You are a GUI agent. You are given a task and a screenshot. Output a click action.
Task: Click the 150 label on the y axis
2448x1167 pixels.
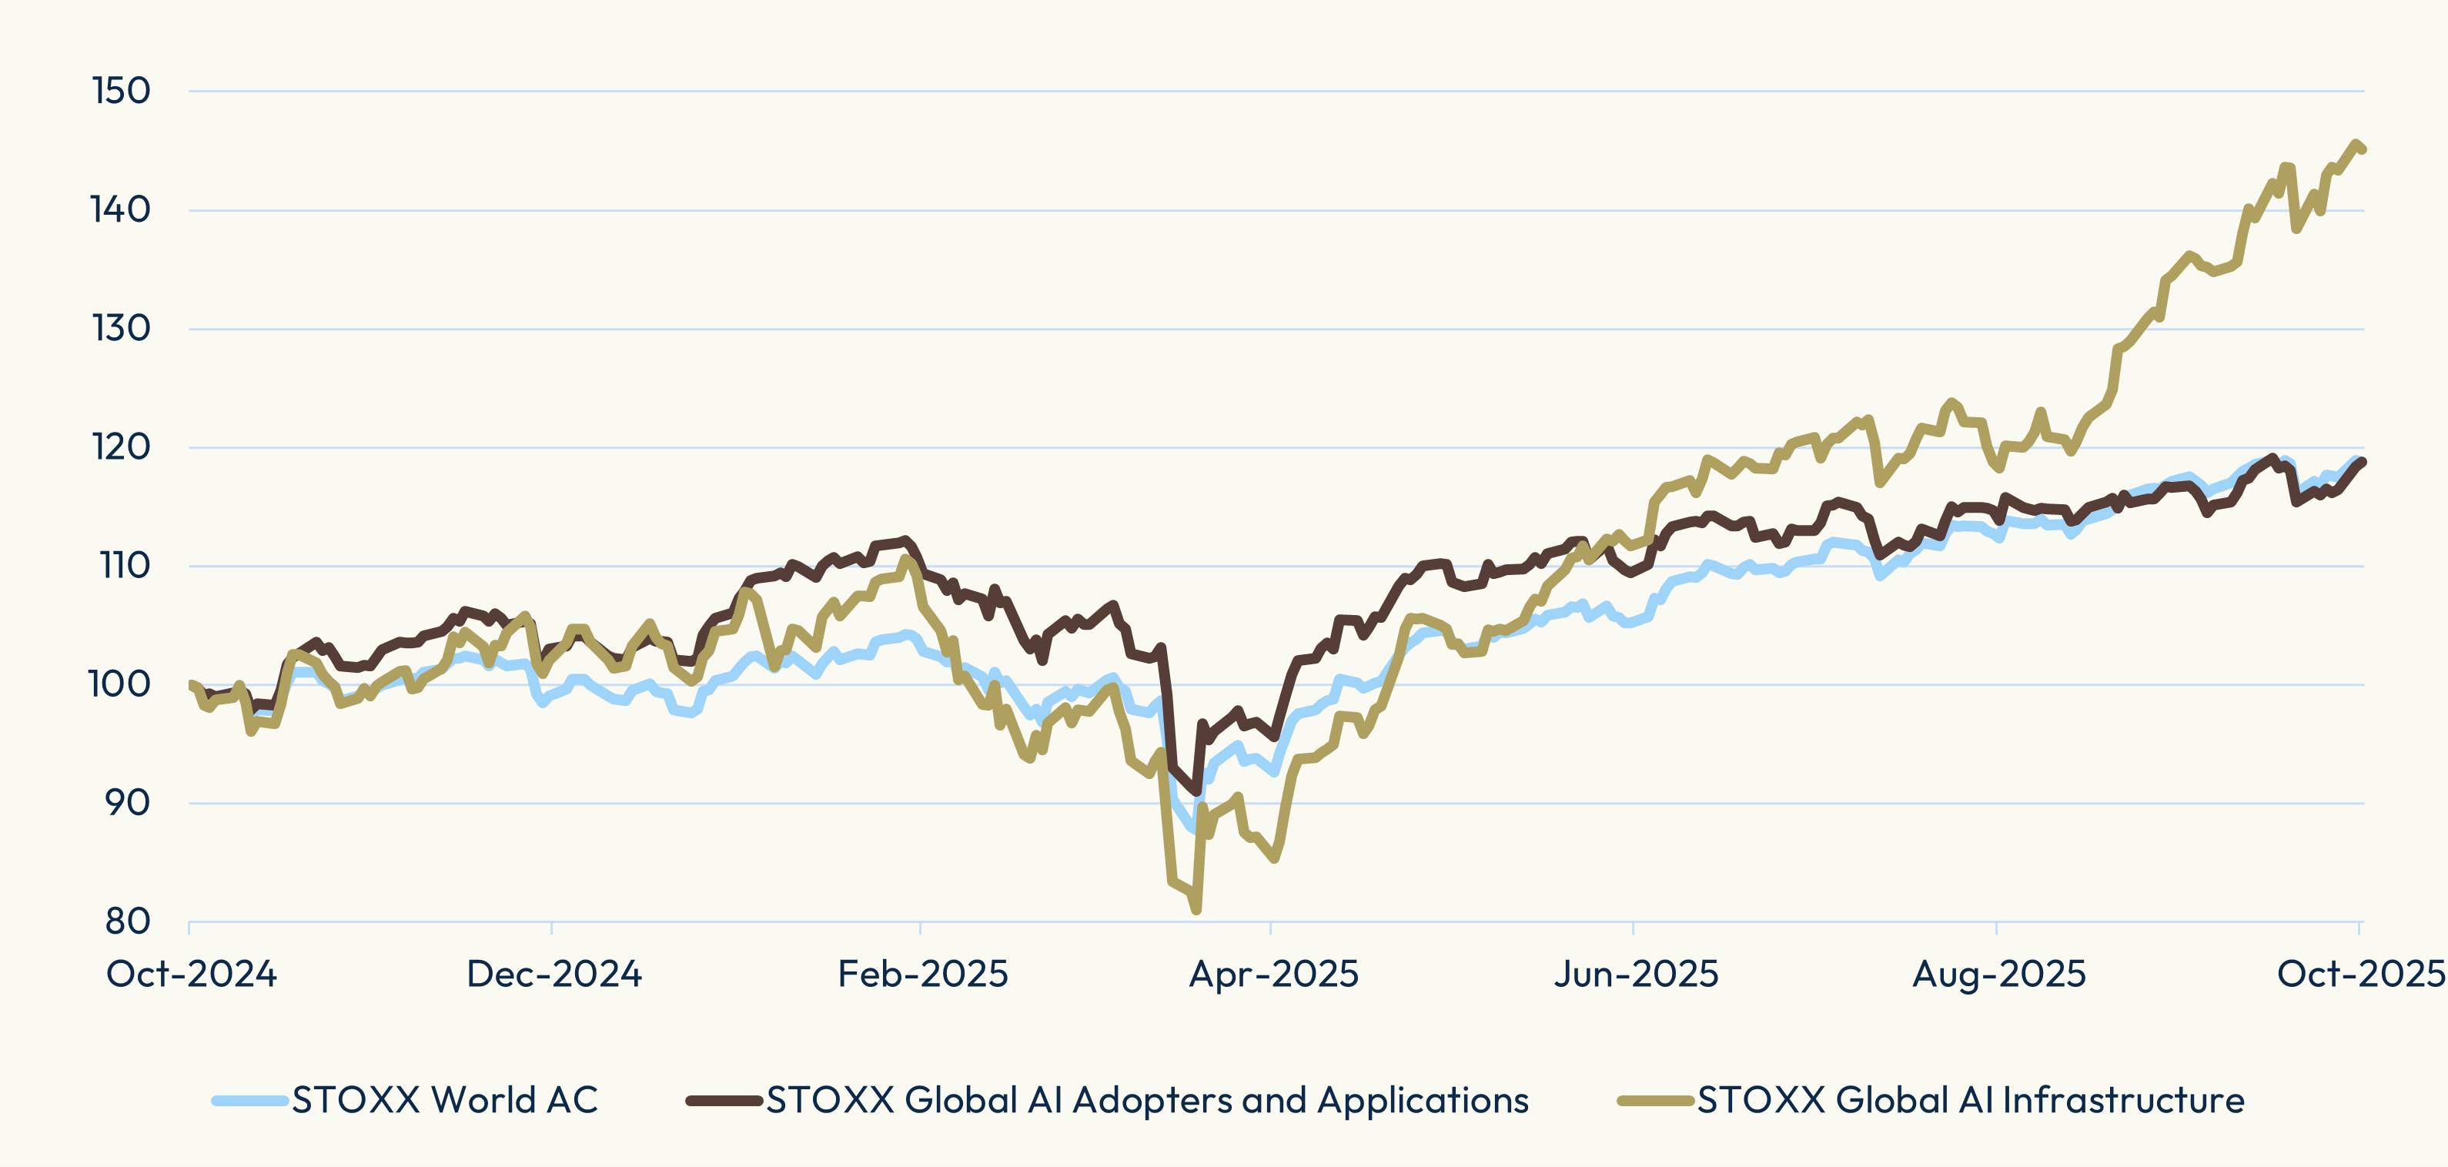(x=121, y=92)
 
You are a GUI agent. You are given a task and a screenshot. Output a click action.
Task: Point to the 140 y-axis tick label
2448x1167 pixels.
(x=121, y=210)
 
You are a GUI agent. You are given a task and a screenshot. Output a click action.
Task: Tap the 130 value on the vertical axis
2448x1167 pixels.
(x=121, y=329)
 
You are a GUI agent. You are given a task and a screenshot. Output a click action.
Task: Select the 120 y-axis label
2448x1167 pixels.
(x=121, y=446)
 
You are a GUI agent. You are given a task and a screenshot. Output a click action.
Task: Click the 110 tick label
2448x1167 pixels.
(x=125, y=566)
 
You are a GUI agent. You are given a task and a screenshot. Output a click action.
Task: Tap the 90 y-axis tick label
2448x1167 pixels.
(x=126, y=803)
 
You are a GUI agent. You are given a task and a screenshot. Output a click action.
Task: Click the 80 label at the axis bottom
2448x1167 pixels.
(x=126, y=921)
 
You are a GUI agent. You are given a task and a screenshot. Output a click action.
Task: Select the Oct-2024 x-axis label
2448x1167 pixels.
(x=191, y=974)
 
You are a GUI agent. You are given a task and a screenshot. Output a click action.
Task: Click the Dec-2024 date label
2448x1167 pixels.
(x=554, y=974)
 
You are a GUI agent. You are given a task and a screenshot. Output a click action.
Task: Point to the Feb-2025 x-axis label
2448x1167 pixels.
(x=921, y=974)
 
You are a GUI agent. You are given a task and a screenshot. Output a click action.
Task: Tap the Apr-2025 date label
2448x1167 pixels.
(x=1273, y=974)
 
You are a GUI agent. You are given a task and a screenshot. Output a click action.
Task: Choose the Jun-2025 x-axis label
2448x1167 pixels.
(x=1636, y=974)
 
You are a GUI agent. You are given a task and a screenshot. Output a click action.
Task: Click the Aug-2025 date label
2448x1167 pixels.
(x=1998, y=974)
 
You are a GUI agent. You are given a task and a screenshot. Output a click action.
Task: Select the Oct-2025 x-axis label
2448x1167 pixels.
(x=2360, y=974)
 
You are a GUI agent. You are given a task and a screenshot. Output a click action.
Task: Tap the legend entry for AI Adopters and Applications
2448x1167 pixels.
(x=1147, y=1101)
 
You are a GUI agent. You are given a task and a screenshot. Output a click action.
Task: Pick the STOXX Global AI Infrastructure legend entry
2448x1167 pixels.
(x=1970, y=1101)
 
